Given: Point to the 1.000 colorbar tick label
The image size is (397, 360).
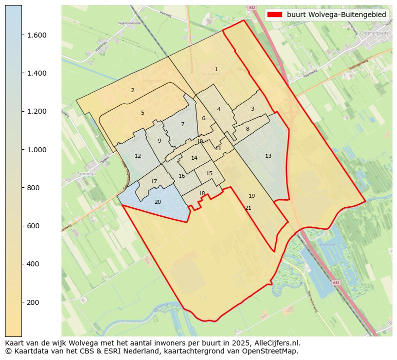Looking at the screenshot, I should tap(37, 150).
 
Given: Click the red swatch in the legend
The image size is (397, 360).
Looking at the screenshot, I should tap(274, 15).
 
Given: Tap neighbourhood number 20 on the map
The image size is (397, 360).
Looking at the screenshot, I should tap(157, 202).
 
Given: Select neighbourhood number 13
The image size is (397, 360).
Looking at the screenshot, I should tap(268, 156).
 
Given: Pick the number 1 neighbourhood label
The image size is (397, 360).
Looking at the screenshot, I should tap(216, 69).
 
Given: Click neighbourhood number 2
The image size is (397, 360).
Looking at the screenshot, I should tap(132, 90).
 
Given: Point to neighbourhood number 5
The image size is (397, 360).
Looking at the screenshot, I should tap(142, 113).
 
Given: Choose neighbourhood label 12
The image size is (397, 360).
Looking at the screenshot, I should tap(137, 156).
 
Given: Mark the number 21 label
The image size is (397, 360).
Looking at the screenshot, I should tap(248, 208).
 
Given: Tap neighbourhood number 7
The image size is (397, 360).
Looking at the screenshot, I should tap(182, 124).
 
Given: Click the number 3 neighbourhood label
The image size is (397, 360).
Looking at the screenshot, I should tap(252, 109).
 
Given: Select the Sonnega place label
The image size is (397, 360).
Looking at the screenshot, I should tap(86, 175).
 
